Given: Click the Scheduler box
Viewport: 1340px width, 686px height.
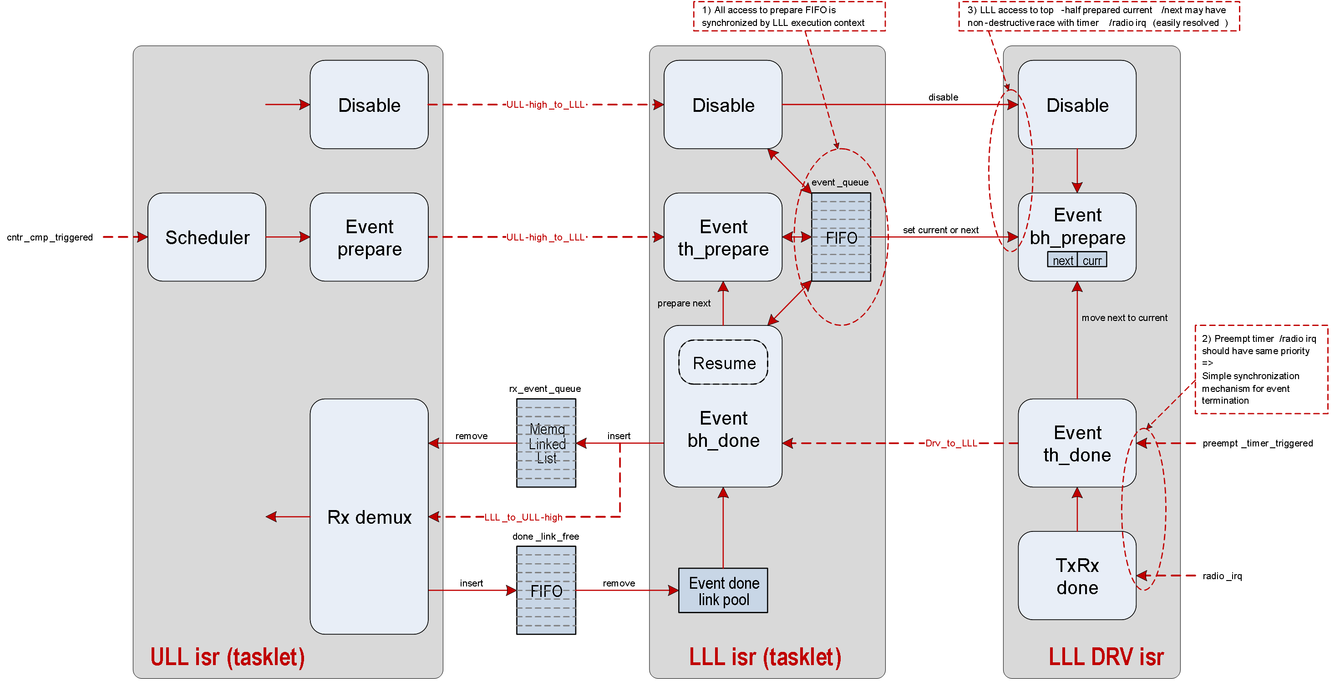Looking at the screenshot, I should [x=207, y=237].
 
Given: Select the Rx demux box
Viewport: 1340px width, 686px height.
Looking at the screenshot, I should [x=369, y=516].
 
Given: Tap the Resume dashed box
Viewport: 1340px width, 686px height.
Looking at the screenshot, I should [x=723, y=362].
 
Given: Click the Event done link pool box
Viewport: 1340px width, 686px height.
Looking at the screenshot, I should [x=723, y=591].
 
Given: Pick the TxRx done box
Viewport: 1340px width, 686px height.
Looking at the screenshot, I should [x=1077, y=576].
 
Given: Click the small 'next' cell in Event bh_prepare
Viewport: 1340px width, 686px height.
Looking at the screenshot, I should [x=1062, y=260].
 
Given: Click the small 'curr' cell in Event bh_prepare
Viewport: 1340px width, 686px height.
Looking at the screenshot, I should [x=1092, y=260].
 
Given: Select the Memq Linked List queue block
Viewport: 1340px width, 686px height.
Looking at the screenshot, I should [x=546, y=443].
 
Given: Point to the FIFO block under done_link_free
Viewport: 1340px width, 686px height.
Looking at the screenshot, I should [x=546, y=591].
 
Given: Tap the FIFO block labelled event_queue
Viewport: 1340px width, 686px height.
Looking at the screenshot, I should [x=841, y=237].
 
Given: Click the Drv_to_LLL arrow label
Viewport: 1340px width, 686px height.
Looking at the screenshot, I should [x=951, y=443].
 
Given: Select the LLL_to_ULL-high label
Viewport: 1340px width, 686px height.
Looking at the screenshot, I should [x=523, y=517].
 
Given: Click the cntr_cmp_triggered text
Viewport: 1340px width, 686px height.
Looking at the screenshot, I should [x=50, y=237].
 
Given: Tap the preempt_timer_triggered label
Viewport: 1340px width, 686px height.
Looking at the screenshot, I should [x=1257, y=443].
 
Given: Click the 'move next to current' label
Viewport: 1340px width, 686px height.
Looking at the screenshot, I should [x=1124, y=317].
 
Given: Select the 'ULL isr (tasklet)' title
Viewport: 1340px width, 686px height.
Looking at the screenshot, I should [x=227, y=657].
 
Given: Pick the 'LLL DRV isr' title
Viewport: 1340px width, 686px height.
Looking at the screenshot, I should [x=1106, y=657].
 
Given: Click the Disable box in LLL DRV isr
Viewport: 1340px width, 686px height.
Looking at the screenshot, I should [x=1077, y=105].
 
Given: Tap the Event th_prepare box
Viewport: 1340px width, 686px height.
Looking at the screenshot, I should [x=723, y=237].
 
